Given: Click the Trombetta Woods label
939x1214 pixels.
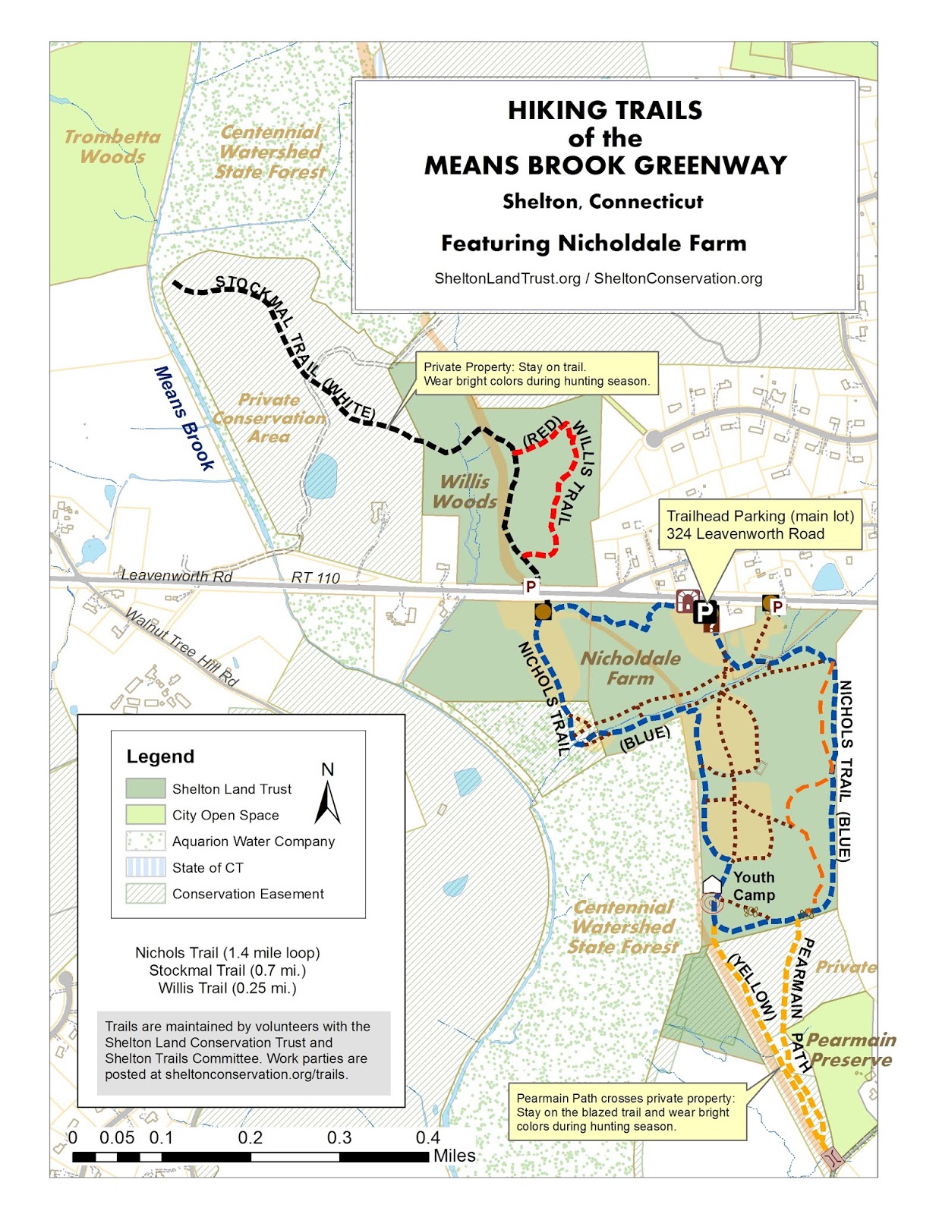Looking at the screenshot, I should (x=112, y=146).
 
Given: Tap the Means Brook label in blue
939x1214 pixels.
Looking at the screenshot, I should (x=184, y=418).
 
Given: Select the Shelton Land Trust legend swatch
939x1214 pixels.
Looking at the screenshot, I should (x=145, y=788).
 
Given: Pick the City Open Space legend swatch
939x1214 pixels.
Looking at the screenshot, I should (x=145, y=815).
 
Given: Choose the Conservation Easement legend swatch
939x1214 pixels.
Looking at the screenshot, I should (x=145, y=894).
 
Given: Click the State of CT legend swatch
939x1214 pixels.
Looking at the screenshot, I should (x=145, y=867).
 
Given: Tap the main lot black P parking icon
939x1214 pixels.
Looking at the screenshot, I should (x=705, y=611).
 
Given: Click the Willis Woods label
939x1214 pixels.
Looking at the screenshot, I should (x=465, y=491).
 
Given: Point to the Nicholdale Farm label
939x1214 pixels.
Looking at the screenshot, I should (x=630, y=668).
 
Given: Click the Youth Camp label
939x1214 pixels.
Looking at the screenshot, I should (x=754, y=885).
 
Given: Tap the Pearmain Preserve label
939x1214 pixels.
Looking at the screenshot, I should (x=850, y=1049).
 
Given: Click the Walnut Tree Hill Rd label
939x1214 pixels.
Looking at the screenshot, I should (x=182, y=647).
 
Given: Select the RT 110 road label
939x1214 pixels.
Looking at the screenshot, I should (x=315, y=578).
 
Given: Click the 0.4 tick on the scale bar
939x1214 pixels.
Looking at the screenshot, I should (x=427, y=1137).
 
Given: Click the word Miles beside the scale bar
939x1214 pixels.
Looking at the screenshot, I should (x=454, y=1156).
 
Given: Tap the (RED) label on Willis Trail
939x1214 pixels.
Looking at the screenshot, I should (x=542, y=430).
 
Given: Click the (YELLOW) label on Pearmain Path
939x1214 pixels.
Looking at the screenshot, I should (x=752, y=986).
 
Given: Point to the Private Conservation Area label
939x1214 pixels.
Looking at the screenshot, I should (x=269, y=417).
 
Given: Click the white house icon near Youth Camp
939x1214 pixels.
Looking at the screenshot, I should (x=711, y=884).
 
